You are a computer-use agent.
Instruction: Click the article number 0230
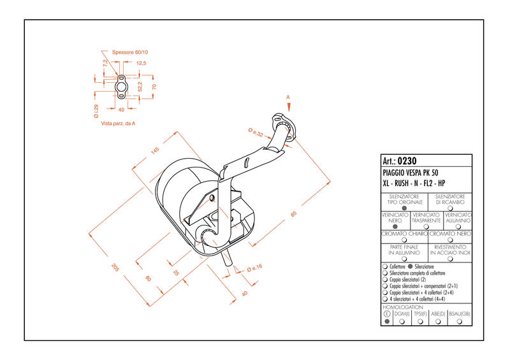coord(407,161)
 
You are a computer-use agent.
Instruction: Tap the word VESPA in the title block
coord(411,173)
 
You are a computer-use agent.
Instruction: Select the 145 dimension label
coord(155,150)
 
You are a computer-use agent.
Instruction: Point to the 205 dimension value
coord(115,268)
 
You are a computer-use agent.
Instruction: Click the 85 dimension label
coord(293,214)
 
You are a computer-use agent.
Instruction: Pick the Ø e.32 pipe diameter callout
coord(256,133)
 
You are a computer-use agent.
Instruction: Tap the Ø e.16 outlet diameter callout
coord(254,268)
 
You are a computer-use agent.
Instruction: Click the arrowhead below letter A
coord(289,107)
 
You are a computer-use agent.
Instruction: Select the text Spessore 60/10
coord(130,52)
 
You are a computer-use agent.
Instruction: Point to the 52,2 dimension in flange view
coord(140,87)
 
